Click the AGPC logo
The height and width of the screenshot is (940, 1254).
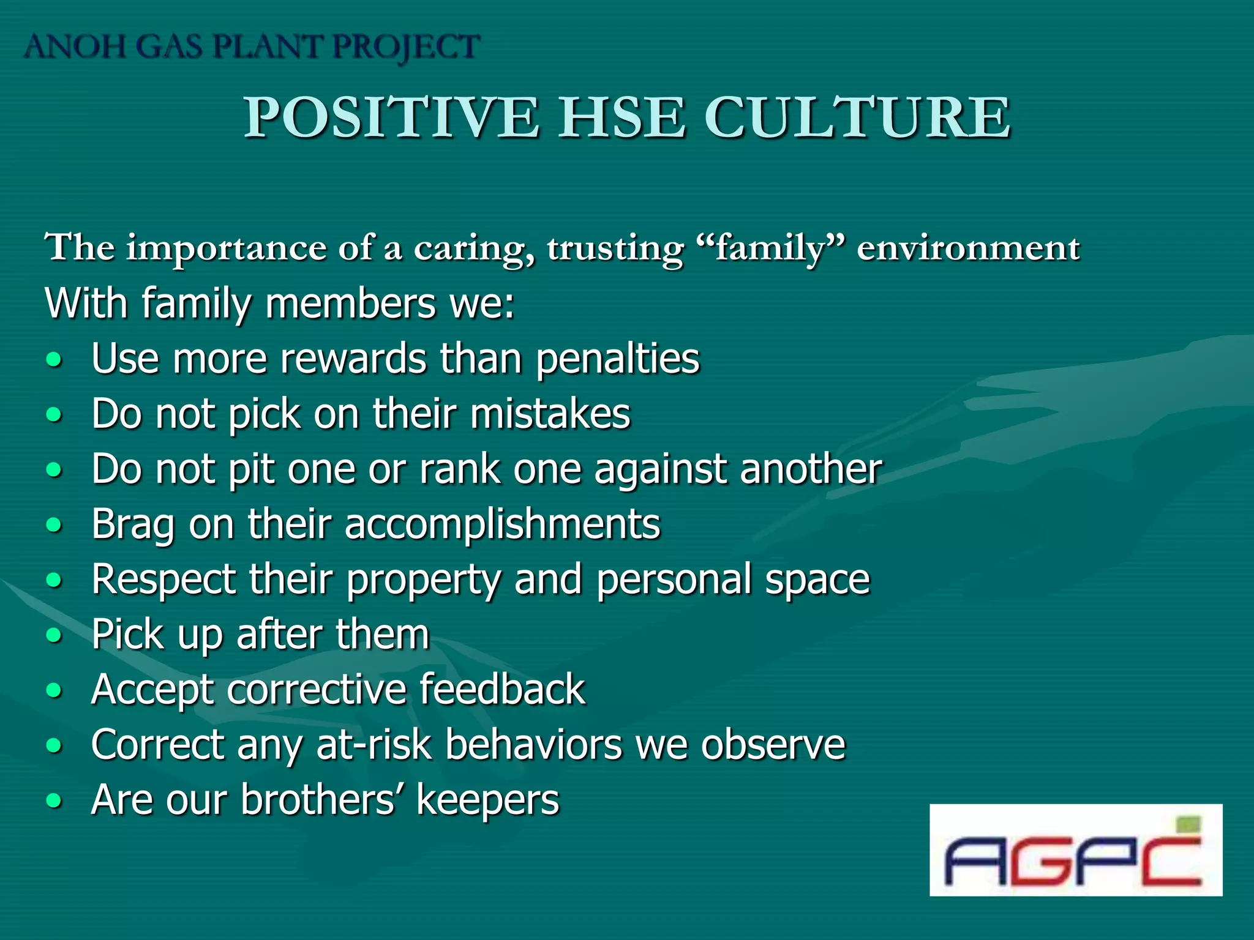1075,851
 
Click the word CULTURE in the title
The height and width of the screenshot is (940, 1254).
857,117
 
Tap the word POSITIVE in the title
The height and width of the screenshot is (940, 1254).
392,117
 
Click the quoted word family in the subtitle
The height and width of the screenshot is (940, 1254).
770,248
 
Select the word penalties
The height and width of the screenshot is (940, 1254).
617,359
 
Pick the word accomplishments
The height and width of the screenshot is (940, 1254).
502,525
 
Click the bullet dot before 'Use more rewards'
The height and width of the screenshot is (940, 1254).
54,359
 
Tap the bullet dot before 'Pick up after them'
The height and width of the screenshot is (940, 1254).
54,635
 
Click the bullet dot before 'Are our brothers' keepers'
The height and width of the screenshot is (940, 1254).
54,800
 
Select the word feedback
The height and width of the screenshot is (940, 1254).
502,690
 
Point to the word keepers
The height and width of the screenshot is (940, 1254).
487,800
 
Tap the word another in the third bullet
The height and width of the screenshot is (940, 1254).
811,469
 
